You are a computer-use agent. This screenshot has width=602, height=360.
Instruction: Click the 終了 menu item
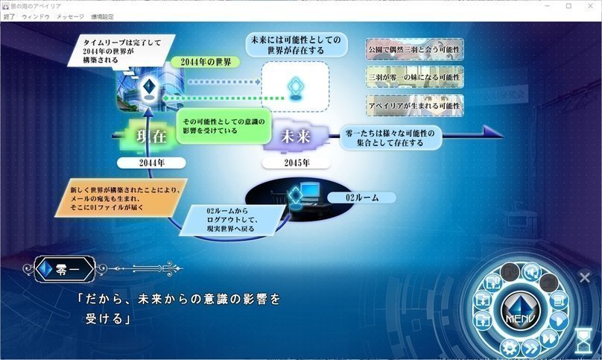coord(9,16)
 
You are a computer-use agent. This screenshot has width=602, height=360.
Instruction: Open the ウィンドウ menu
coord(36,16)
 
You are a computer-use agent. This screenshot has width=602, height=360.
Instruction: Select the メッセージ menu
coord(70,16)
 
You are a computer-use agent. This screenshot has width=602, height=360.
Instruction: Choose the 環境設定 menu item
coord(104,16)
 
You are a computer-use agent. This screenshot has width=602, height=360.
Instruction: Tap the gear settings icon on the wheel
coord(510,346)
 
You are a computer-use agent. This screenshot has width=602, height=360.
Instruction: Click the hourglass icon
coord(583,341)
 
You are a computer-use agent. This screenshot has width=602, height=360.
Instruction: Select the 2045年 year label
coord(296,161)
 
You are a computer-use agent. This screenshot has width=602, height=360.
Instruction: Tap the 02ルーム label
coord(363,198)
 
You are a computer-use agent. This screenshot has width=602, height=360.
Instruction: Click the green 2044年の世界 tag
coord(200,61)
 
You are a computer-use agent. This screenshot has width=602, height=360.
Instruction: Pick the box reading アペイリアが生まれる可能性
coord(415,104)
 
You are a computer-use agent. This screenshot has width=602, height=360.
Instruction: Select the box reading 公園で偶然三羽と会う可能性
coord(415,49)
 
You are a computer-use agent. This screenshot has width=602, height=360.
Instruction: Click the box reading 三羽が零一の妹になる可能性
coord(415,77)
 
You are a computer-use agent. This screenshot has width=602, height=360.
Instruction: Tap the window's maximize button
coord(568,5)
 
